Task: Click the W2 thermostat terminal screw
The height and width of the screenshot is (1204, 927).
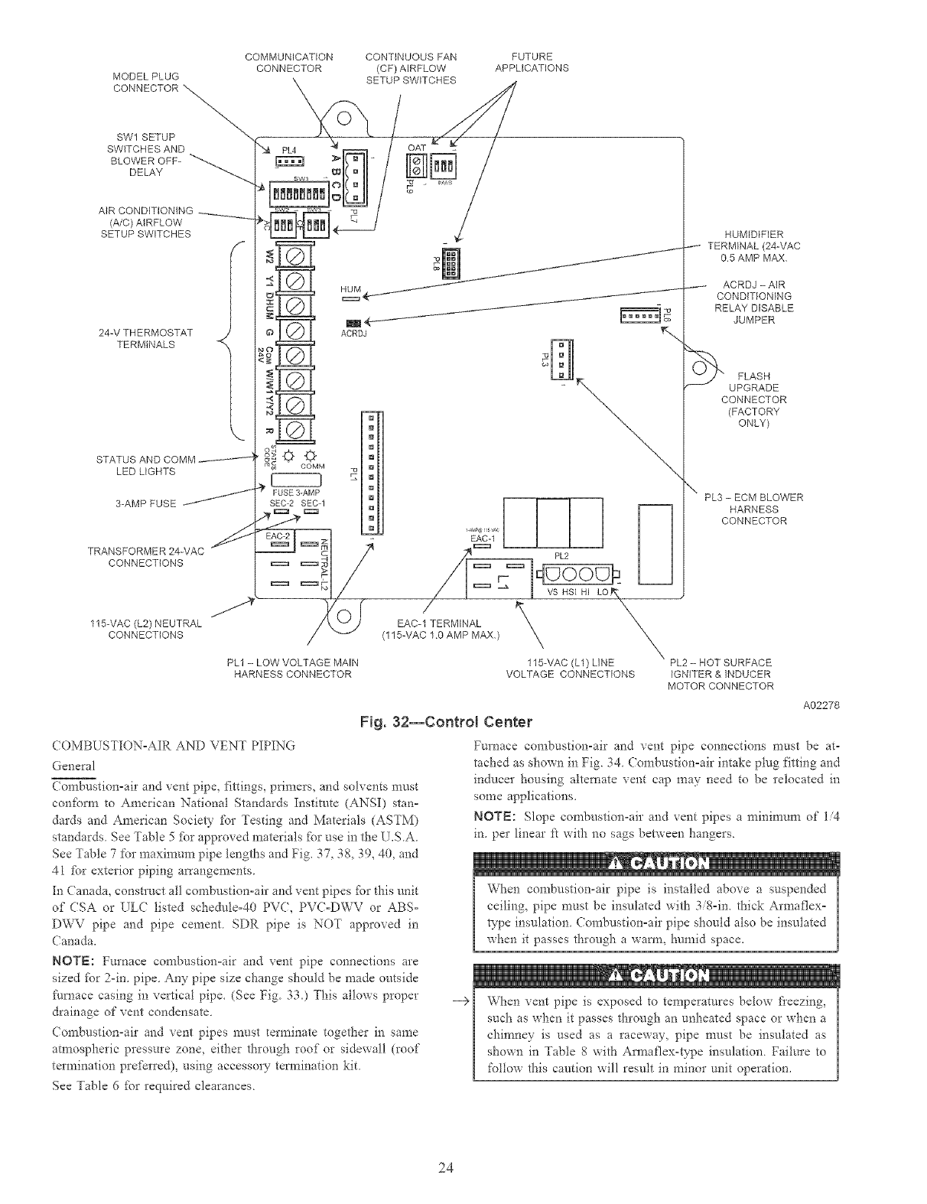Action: click(x=294, y=256)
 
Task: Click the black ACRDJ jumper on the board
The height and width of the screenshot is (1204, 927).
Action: click(x=353, y=322)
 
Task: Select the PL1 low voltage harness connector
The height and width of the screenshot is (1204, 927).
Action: click(x=372, y=472)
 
